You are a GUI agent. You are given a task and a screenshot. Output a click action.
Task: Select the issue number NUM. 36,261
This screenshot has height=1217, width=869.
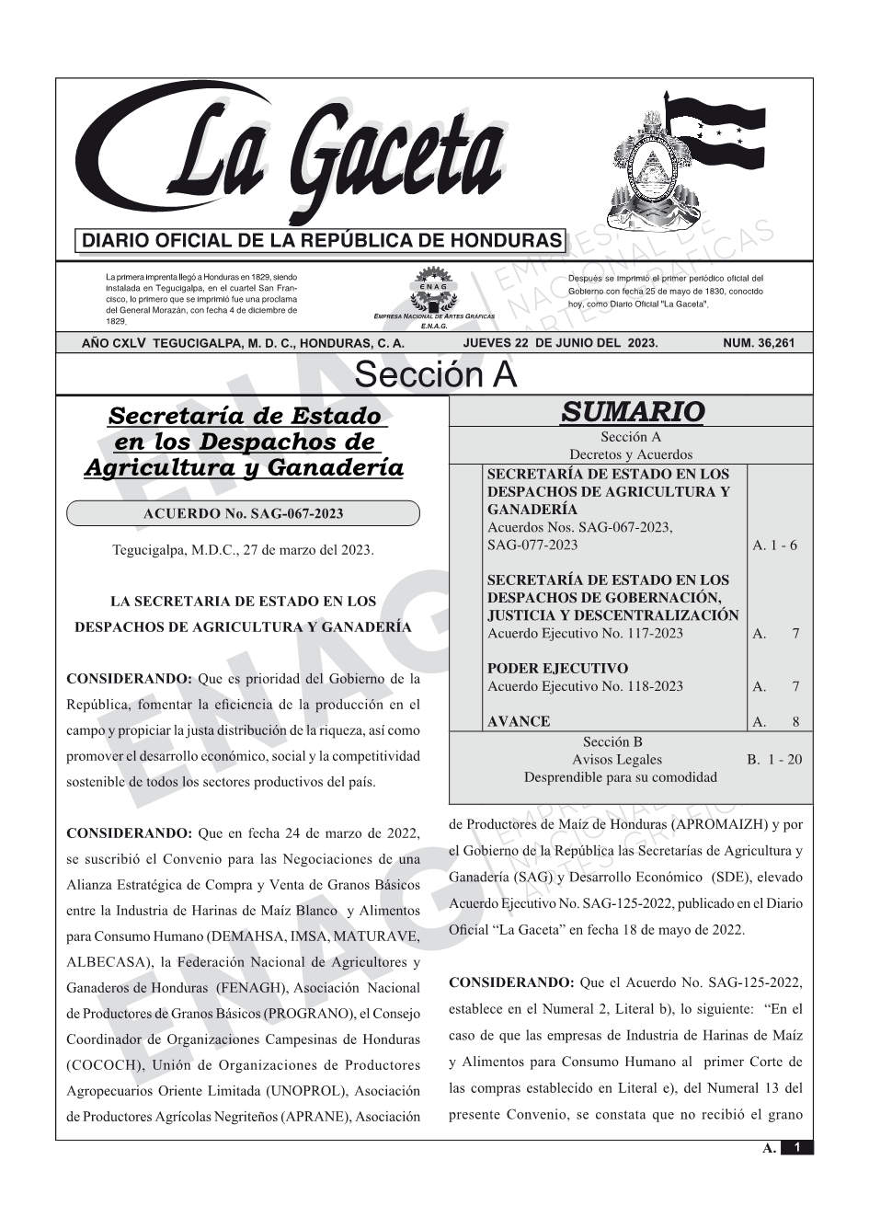pyautogui.click(x=758, y=343)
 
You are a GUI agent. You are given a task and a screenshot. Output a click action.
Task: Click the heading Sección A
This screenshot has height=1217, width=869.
pyautogui.click(x=435, y=375)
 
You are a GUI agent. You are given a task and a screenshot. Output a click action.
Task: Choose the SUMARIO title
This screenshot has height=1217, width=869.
pyautogui.click(x=632, y=412)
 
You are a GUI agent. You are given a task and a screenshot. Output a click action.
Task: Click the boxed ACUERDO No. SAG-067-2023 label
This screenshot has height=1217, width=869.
pyautogui.click(x=243, y=513)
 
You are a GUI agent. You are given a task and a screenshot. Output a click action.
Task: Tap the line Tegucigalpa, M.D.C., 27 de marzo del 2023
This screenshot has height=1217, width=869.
pyautogui.click(x=243, y=550)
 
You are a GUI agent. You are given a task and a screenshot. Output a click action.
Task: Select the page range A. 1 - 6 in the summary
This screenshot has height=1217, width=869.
pyautogui.click(x=774, y=545)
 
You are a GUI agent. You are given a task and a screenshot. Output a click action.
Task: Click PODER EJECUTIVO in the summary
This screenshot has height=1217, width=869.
pyautogui.click(x=557, y=669)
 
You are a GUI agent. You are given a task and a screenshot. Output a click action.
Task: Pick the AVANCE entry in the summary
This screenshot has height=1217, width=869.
pyautogui.click(x=519, y=722)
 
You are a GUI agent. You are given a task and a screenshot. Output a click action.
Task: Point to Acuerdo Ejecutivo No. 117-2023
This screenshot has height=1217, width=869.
pyautogui.click(x=585, y=634)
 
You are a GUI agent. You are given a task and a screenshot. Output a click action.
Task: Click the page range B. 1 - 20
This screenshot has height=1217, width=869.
pyautogui.click(x=774, y=760)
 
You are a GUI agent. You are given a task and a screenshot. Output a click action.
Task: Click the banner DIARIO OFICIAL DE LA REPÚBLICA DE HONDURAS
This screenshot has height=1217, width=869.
pyautogui.click(x=322, y=242)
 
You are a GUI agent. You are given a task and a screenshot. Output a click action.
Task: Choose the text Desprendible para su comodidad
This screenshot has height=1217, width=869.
pyautogui.click(x=620, y=777)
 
